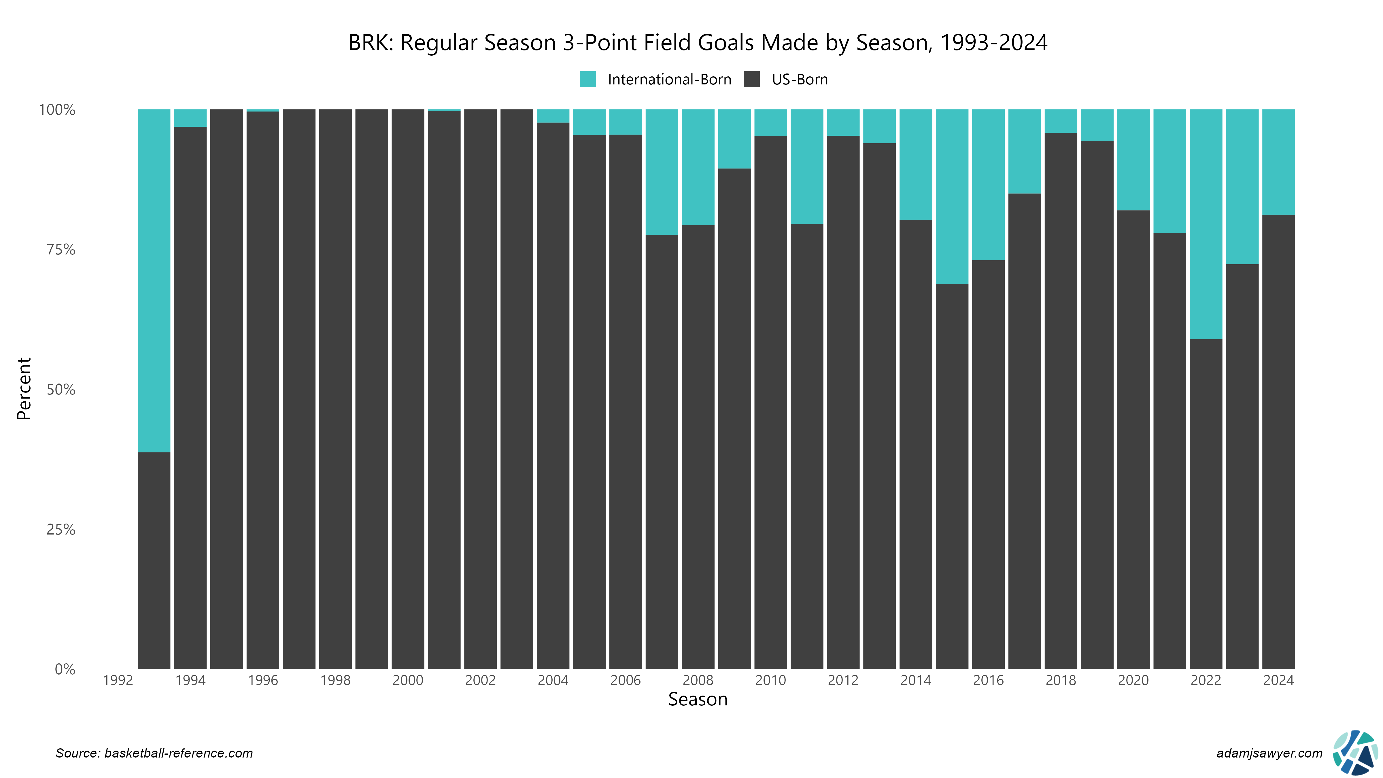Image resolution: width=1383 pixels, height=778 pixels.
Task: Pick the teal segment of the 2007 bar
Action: (662, 172)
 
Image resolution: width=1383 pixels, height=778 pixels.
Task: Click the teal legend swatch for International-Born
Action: (587, 80)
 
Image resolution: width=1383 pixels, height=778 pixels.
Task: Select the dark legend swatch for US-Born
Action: (752, 80)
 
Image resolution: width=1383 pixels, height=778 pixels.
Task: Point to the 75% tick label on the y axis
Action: (61, 250)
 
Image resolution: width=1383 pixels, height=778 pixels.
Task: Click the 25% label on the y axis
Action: (61, 529)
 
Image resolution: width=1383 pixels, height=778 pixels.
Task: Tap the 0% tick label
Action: (65, 669)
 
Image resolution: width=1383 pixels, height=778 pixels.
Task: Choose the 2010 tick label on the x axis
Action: (770, 680)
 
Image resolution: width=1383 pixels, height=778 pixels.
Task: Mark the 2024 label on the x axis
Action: (1278, 680)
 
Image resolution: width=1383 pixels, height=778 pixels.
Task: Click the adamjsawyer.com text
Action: (1269, 753)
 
